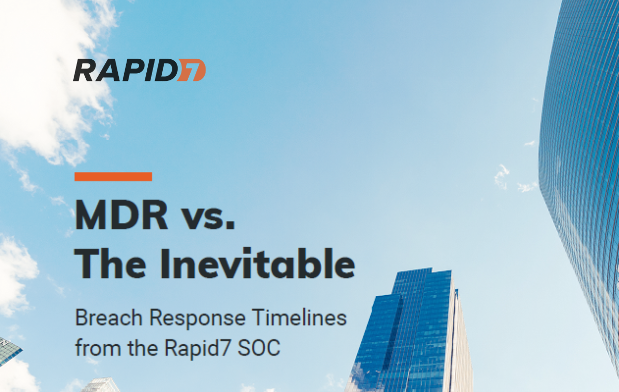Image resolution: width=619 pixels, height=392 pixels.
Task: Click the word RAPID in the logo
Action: [124, 70]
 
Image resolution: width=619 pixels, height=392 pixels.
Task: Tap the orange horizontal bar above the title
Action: [113, 177]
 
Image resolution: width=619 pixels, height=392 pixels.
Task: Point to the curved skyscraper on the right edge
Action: [582, 169]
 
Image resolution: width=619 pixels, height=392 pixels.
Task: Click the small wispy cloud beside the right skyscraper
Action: [502, 175]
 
